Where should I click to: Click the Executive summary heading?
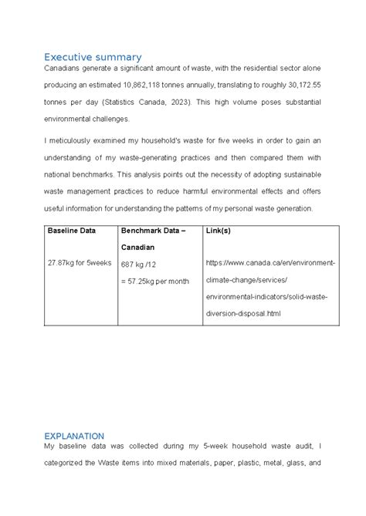pos(93,57)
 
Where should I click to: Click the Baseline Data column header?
pos(72,231)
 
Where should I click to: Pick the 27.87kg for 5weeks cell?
pos(80,263)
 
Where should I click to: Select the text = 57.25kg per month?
pos(154,281)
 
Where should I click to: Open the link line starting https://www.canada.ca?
pos(270,263)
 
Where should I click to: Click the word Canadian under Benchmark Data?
pos(137,247)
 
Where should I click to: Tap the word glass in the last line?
pos(293,464)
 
